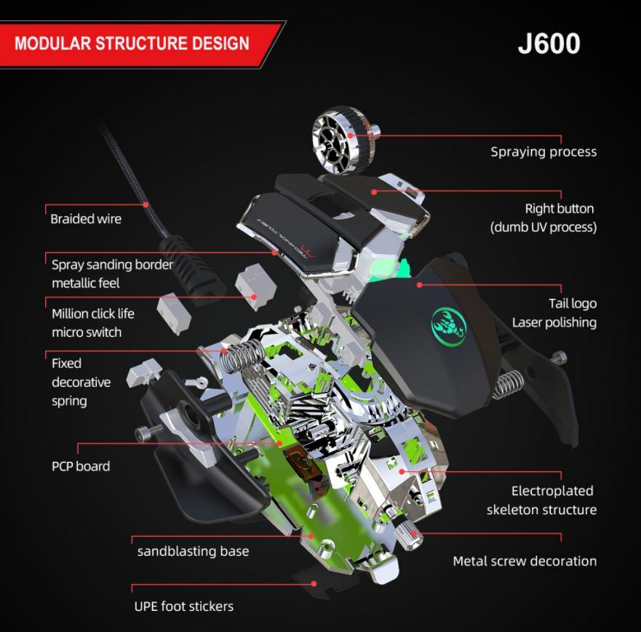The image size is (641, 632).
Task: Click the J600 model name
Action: pyautogui.click(x=549, y=43)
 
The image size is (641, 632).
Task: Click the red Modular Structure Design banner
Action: pyautogui.click(x=135, y=43)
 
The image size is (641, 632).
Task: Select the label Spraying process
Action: pyautogui.click(x=543, y=152)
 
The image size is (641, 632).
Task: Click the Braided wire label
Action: pyautogui.click(x=86, y=219)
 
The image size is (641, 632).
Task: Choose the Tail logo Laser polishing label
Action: pyautogui.click(x=554, y=313)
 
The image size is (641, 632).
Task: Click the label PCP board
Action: pyautogui.click(x=81, y=466)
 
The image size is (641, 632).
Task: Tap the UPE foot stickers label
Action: pyautogui.click(x=183, y=606)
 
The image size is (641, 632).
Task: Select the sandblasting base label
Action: pyautogui.click(x=193, y=551)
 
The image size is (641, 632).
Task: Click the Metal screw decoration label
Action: pyautogui.click(x=524, y=561)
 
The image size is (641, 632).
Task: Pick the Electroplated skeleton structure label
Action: pyautogui.click(x=541, y=500)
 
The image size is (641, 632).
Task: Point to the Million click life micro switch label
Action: pyautogui.click(x=92, y=323)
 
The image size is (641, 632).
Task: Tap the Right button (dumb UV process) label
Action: pyautogui.click(x=543, y=217)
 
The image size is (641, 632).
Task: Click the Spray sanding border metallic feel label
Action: pyautogui.click(x=112, y=273)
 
